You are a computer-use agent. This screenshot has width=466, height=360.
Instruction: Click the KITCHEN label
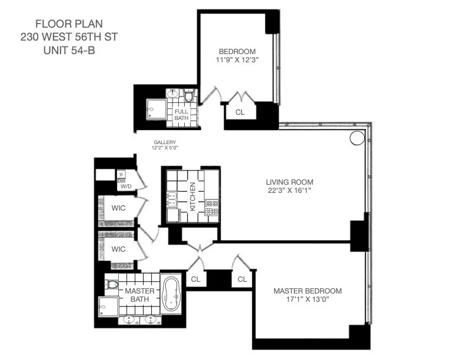coord(192,196)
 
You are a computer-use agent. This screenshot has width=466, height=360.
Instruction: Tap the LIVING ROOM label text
coord(289,182)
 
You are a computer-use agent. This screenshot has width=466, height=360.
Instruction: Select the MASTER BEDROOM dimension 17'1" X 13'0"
coord(307,301)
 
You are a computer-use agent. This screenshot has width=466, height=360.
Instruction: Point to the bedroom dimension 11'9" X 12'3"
coord(237,59)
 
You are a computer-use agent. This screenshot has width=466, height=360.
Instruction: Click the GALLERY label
coord(165,142)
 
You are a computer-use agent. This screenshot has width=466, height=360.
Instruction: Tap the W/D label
coord(126,186)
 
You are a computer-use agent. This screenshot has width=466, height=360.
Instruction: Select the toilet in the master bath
coord(112,285)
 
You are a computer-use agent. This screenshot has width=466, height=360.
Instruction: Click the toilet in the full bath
coord(189,95)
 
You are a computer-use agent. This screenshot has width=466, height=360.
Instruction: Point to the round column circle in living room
coord(357,138)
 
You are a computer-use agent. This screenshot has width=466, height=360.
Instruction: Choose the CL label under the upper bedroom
coord(240,112)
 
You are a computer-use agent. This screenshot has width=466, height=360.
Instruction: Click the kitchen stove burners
coord(211,208)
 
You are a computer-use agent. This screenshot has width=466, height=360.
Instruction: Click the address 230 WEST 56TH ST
coord(69,37)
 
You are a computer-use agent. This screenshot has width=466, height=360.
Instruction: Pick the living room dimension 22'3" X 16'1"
coord(289,191)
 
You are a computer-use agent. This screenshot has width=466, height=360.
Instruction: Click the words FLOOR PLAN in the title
coord(69,24)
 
